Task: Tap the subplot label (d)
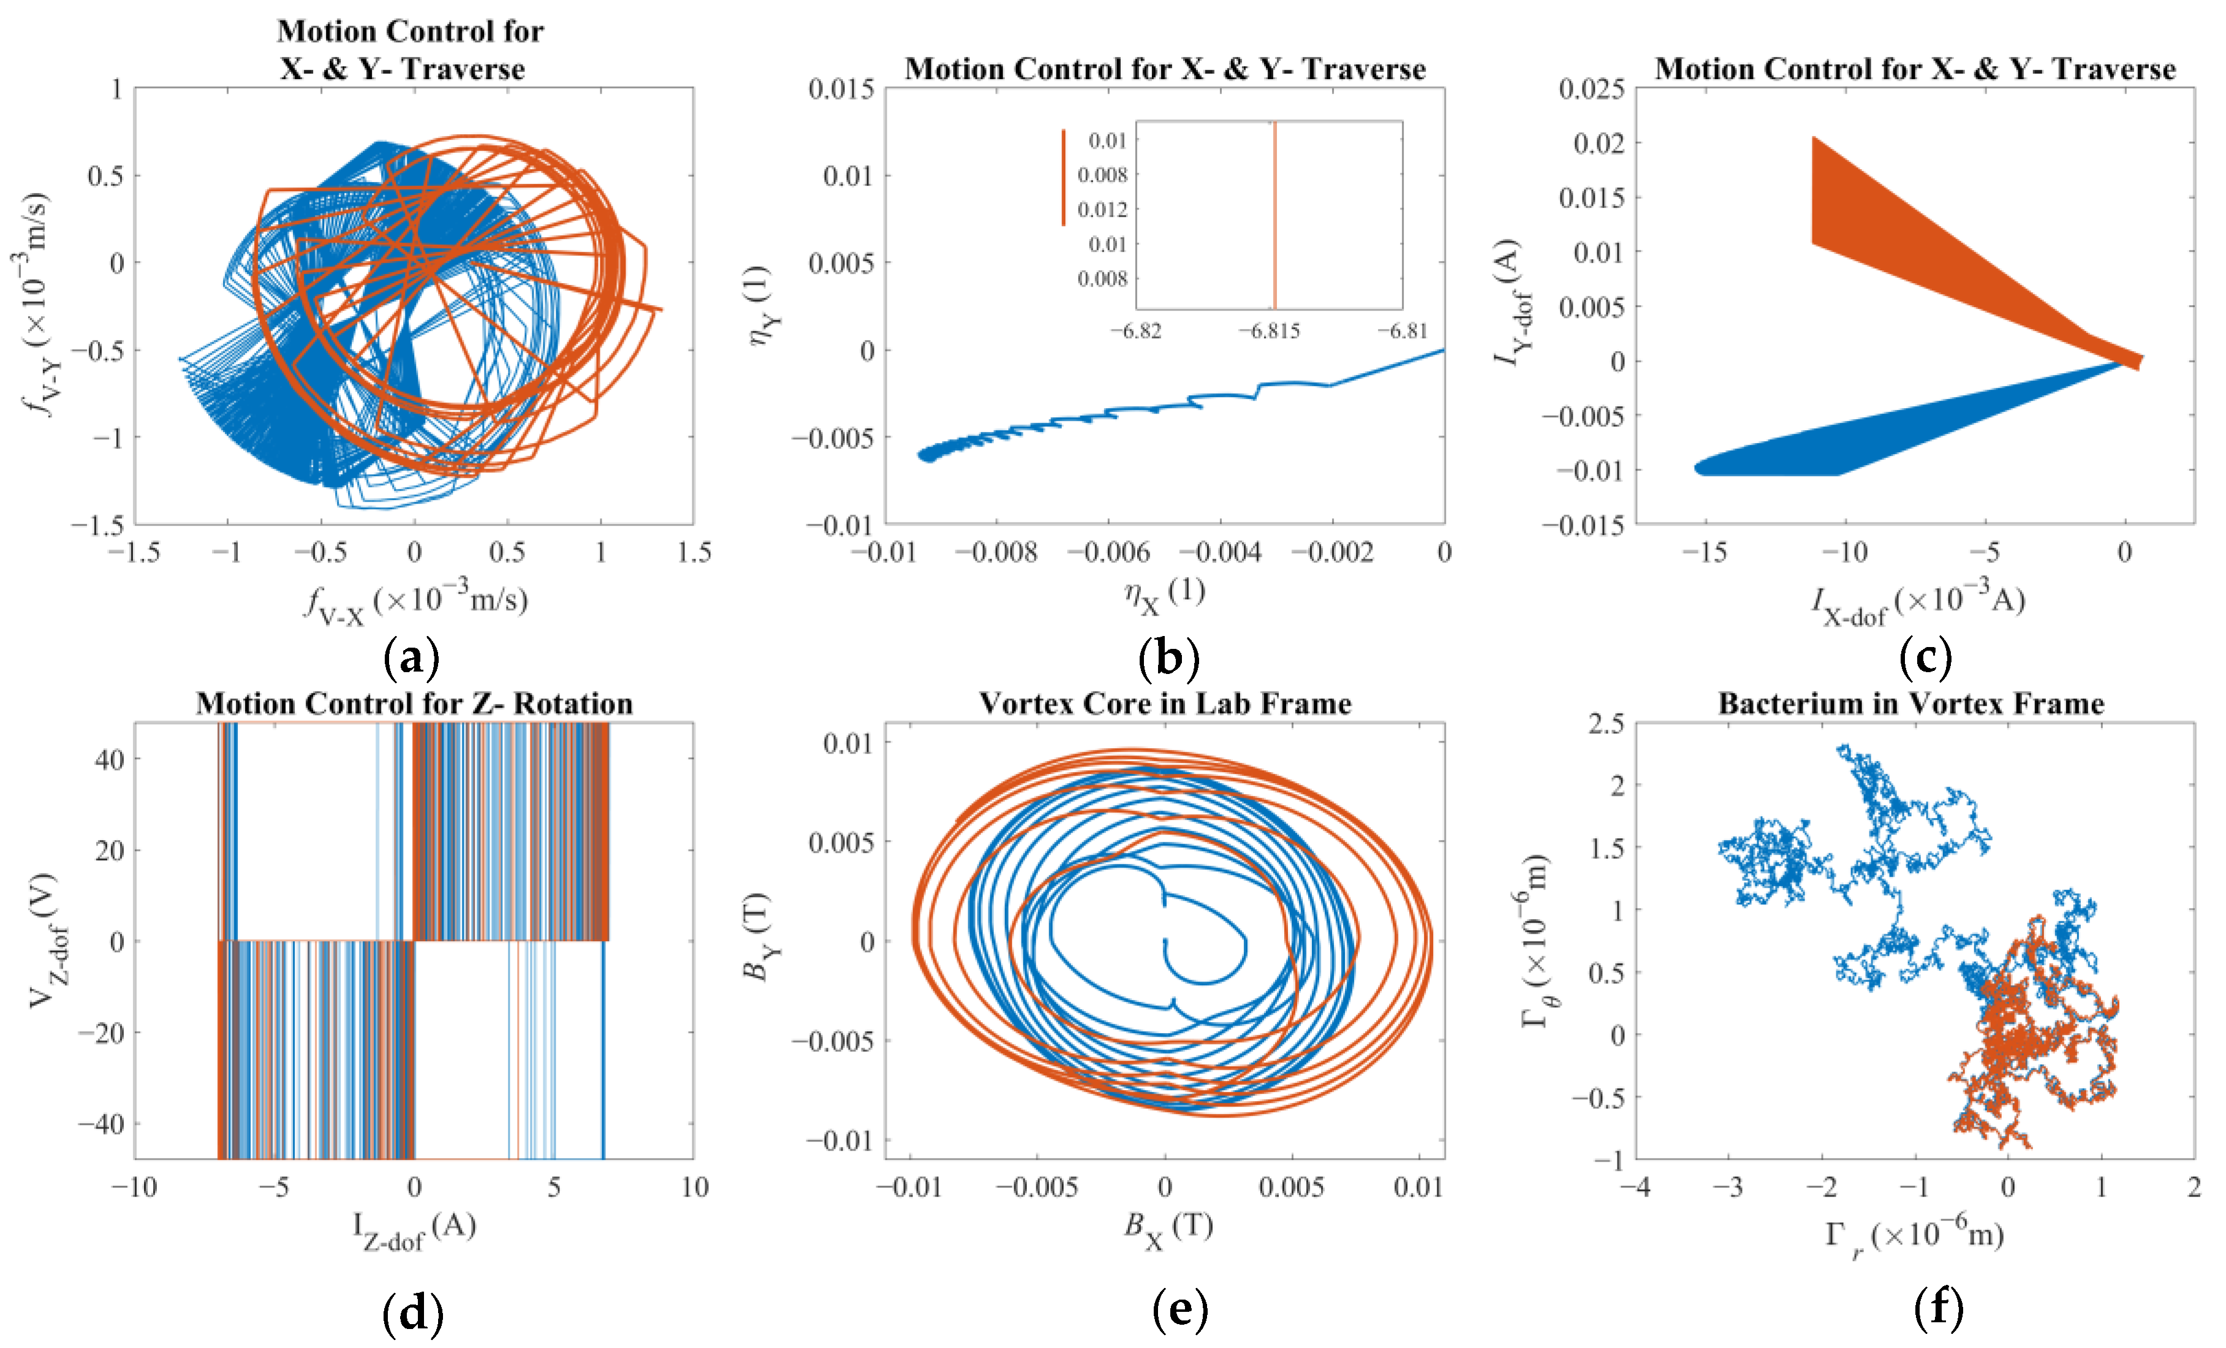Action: click(x=413, y=1312)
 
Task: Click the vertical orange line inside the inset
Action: click(x=1274, y=217)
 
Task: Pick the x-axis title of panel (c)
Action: click(x=1918, y=603)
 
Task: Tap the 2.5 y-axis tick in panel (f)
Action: click(x=1605, y=723)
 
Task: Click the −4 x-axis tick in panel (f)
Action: click(x=1635, y=1186)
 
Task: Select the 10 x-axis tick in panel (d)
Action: click(x=694, y=1186)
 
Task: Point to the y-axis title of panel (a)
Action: click(x=36, y=305)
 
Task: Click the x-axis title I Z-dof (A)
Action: click(x=414, y=1230)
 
